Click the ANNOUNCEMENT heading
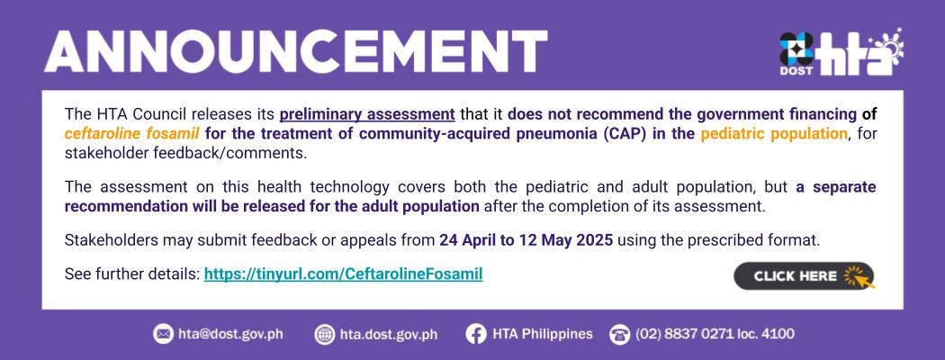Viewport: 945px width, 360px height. pyautogui.click(x=295, y=51)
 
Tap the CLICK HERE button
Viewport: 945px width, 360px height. pyautogui.click(x=804, y=276)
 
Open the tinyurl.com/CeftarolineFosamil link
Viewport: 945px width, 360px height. pyautogui.click(x=344, y=274)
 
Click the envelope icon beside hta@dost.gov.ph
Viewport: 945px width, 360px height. pyautogui.click(x=163, y=334)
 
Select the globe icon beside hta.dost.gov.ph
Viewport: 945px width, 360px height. pyautogui.click(x=325, y=334)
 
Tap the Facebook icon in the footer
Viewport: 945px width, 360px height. pyautogui.click(x=475, y=334)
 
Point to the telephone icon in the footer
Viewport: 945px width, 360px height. pyautogui.click(x=619, y=334)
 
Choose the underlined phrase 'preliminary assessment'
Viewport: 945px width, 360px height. pyautogui.click(x=367, y=114)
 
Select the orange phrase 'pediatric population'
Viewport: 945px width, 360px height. pyautogui.click(x=774, y=134)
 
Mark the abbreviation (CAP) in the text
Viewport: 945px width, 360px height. pyautogui.click(x=626, y=134)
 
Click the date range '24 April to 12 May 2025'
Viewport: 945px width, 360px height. pyautogui.click(x=526, y=240)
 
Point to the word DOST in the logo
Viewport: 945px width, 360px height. pyautogui.click(x=796, y=70)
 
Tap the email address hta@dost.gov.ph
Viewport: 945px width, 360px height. pyautogui.click(x=230, y=334)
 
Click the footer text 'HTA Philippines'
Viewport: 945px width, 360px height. pyautogui.click(x=543, y=334)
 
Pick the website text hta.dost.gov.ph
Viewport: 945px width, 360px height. pyautogui.click(x=389, y=334)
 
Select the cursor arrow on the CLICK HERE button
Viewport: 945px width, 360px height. pyautogui.click(x=864, y=279)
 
